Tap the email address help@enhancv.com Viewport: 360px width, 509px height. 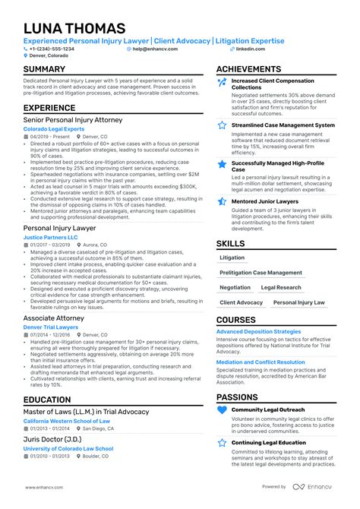coord(156,49)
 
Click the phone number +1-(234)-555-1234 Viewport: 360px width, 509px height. coord(54,49)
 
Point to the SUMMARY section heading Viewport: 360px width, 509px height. coord(44,70)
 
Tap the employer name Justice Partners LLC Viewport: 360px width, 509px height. coord(51,237)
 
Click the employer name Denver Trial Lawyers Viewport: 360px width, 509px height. coord(52,327)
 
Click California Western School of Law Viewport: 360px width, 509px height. coord(67,420)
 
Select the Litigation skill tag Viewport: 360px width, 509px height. coord(232,258)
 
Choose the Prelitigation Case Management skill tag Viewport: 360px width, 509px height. coord(261,273)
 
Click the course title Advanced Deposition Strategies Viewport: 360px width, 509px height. coord(258,331)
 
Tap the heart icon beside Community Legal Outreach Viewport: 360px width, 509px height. coord(222,411)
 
